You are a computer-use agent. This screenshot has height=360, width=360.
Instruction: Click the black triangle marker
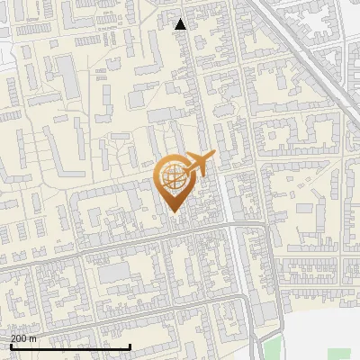(181, 24)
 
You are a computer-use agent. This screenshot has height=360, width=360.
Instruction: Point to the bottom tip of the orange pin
(174, 213)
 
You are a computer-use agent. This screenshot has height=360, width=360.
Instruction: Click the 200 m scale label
(23, 338)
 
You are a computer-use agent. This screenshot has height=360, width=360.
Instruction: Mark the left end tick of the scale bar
(10, 346)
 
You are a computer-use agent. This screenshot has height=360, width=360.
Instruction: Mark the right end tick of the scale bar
(130, 346)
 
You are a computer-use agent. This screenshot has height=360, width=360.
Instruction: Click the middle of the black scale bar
(70, 347)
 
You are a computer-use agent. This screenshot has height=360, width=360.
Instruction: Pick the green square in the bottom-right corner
(339, 354)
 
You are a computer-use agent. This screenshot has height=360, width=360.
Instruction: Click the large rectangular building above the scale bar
(113, 273)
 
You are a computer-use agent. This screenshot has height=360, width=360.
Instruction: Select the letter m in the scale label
(33, 338)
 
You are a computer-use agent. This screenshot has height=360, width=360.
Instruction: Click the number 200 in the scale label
(19, 338)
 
